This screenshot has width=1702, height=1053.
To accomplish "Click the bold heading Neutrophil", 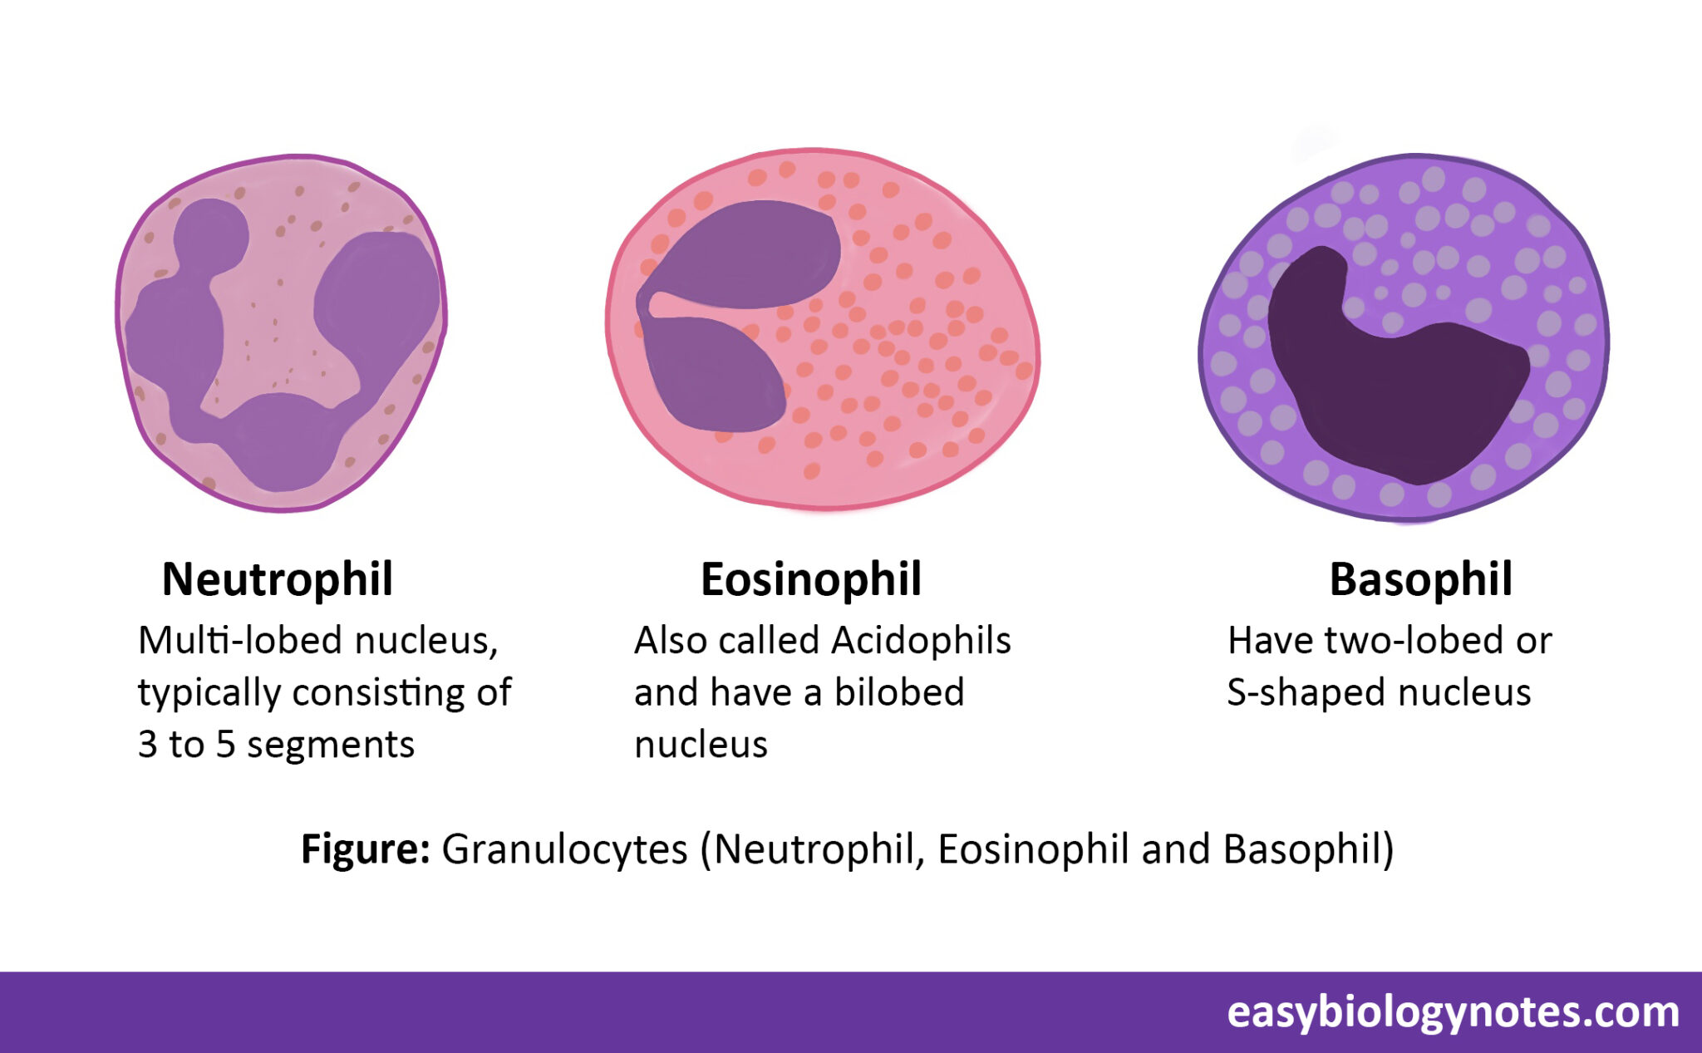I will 277,579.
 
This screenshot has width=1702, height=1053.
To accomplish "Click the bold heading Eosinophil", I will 811,579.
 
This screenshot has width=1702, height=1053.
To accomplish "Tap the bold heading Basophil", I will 1420,579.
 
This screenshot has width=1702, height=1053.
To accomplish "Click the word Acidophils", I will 921,641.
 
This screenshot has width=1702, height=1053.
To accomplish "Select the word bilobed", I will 899,692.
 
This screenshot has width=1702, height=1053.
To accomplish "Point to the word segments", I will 331,745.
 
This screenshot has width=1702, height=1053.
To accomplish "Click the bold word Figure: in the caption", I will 365,849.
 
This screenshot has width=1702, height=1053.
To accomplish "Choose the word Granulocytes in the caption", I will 564,849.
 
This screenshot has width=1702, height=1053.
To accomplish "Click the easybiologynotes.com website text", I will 1453,1011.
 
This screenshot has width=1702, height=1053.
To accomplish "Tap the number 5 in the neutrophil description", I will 225,745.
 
